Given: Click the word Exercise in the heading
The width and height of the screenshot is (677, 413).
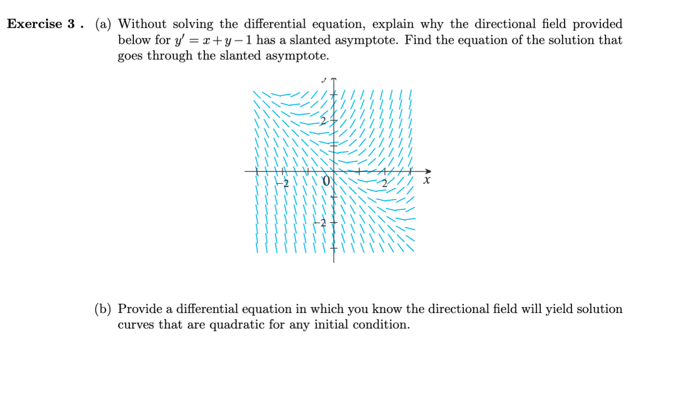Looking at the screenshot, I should pyautogui.click(x=35, y=24).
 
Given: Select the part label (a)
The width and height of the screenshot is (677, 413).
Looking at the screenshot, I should pyautogui.click(x=103, y=24).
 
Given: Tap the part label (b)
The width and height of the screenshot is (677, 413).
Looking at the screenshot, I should pyautogui.click(x=103, y=309).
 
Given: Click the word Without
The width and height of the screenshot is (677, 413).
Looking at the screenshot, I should pyautogui.click(x=143, y=24).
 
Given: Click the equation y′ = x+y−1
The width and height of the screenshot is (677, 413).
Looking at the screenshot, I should pyautogui.click(x=211, y=40).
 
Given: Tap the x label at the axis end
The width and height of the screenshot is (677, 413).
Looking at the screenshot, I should pyautogui.click(x=427, y=181).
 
